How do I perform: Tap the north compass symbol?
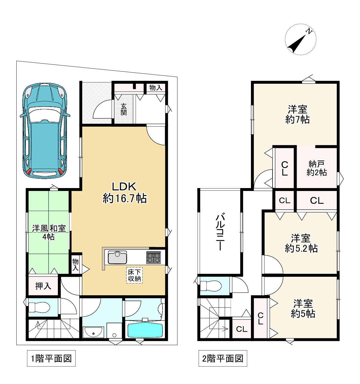coord(300,40)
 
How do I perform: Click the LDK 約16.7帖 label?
coord(124,192)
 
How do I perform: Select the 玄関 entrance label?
coord(124,109)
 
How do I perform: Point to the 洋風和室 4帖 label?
coord(49,233)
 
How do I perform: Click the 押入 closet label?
coord(43,286)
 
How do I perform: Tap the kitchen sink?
coord(117,257)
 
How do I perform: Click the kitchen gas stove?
coord(154,257)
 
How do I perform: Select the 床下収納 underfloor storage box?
coord(134,275)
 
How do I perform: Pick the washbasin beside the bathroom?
coord(93,332)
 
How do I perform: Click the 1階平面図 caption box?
coord(51,358)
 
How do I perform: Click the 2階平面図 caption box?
coord(223,358)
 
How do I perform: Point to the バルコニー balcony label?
coord(220,232)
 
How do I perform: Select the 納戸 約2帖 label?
coord(317,168)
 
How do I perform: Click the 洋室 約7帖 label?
coord(297,114)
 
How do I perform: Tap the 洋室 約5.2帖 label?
coord(301,243)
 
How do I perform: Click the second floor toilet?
coord(211,285)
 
